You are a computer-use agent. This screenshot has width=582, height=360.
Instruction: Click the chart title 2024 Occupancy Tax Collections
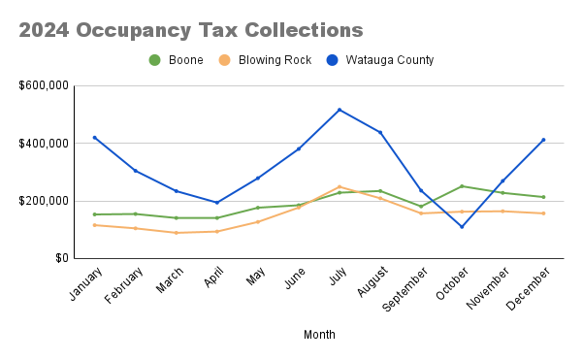pyautogui.click(x=184, y=30)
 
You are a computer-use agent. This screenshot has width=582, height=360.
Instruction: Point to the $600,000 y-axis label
pyautogui.click(x=44, y=85)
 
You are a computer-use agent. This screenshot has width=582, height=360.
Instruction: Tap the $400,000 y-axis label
pyautogui.click(x=44, y=144)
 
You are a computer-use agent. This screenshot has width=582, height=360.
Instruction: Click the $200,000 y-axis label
pyautogui.click(x=44, y=201)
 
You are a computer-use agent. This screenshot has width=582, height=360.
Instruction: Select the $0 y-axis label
pyautogui.click(x=59, y=259)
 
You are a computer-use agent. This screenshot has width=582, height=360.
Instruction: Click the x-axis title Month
pyautogui.click(x=319, y=335)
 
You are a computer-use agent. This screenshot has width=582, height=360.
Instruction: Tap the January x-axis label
pyautogui.click(x=85, y=283)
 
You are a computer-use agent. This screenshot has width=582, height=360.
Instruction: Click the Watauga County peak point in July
pyautogui.click(x=339, y=110)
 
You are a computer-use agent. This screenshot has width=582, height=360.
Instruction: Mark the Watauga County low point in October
pyautogui.click(x=462, y=227)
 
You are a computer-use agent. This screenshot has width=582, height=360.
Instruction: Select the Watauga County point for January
pyautogui.click(x=95, y=138)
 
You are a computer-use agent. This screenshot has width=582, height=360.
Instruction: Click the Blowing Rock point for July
pyautogui.click(x=339, y=187)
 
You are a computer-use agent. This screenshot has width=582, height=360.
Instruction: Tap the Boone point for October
pyautogui.click(x=462, y=186)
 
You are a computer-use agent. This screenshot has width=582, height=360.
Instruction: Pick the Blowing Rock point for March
pyautogui.click(x=177, y=233)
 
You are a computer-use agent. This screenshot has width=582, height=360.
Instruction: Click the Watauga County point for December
pyautogui.click(x=543, y=140)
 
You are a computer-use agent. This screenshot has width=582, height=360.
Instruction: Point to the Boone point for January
pyautogui.click(x=95, y=214)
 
